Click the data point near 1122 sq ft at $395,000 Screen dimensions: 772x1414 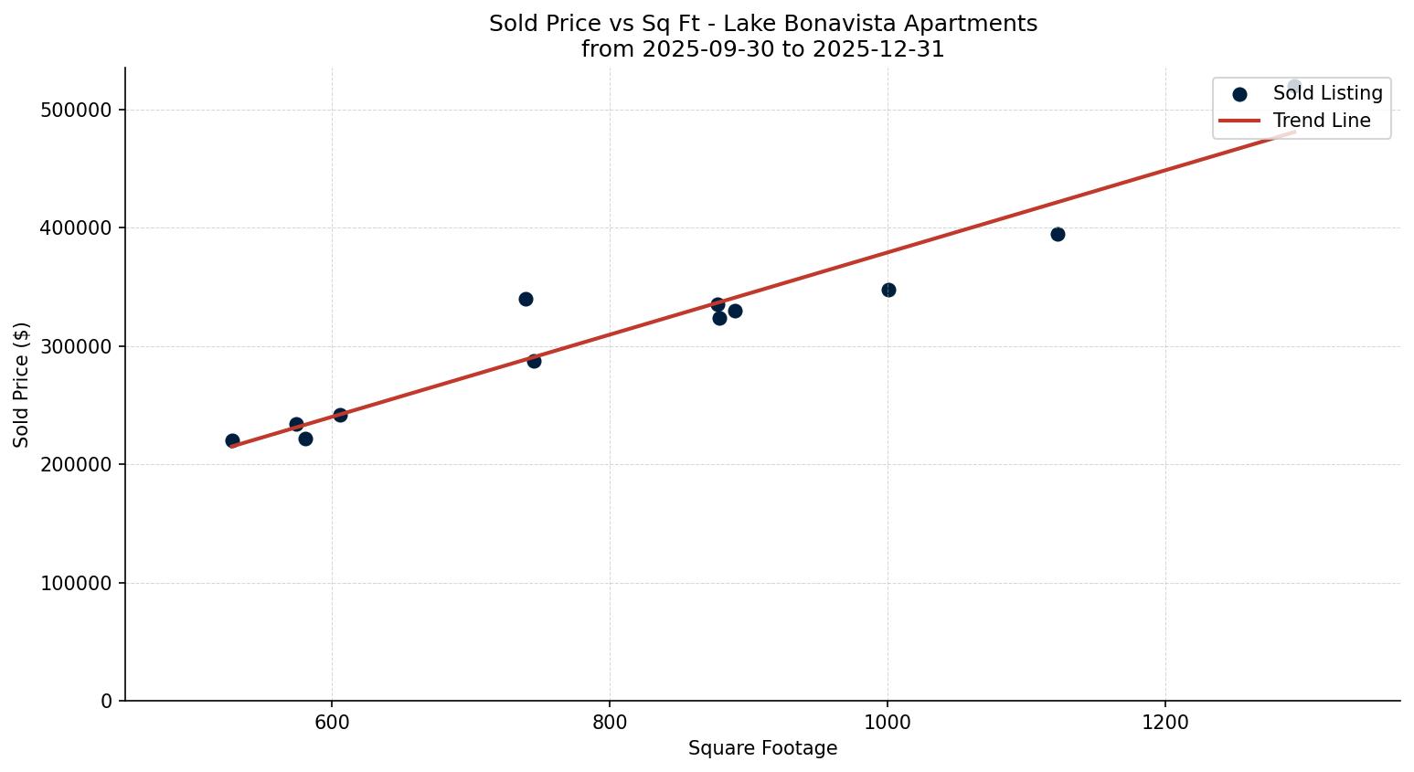coord(1058,234)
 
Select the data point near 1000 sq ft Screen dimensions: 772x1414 coord(888,290)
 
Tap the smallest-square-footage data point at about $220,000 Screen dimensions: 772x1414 coord(232,440)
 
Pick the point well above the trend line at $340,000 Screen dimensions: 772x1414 coord(526,299)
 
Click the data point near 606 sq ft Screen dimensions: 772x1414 coord(340,415)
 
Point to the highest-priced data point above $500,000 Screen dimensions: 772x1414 coord(1294,87)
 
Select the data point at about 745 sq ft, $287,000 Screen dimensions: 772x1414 coord(534,361)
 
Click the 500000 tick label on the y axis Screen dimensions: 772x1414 coord(76,110)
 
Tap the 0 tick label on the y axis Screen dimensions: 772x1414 coord(107,701)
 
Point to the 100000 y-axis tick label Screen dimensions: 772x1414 coord(76,583)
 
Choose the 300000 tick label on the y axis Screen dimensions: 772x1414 coord(76,346)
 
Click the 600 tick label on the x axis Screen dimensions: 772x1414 coord(332,723)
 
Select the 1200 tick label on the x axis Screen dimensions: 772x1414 coord(1164,723)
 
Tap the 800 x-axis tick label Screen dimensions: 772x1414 coord(610,723)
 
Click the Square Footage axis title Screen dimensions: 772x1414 coord(762,748)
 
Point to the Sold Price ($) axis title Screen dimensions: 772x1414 coord(21,385)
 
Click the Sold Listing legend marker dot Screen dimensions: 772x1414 coord(1239,94)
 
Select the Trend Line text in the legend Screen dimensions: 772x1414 coord(1322,121)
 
